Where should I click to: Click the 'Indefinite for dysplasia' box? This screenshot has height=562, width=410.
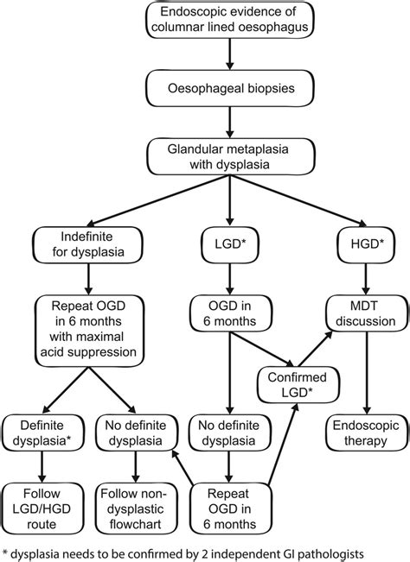click(x=89, y=244)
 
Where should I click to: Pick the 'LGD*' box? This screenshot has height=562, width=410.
click(x=228, y=244)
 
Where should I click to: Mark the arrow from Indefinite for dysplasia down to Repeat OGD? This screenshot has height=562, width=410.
click(x=89, y=280)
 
